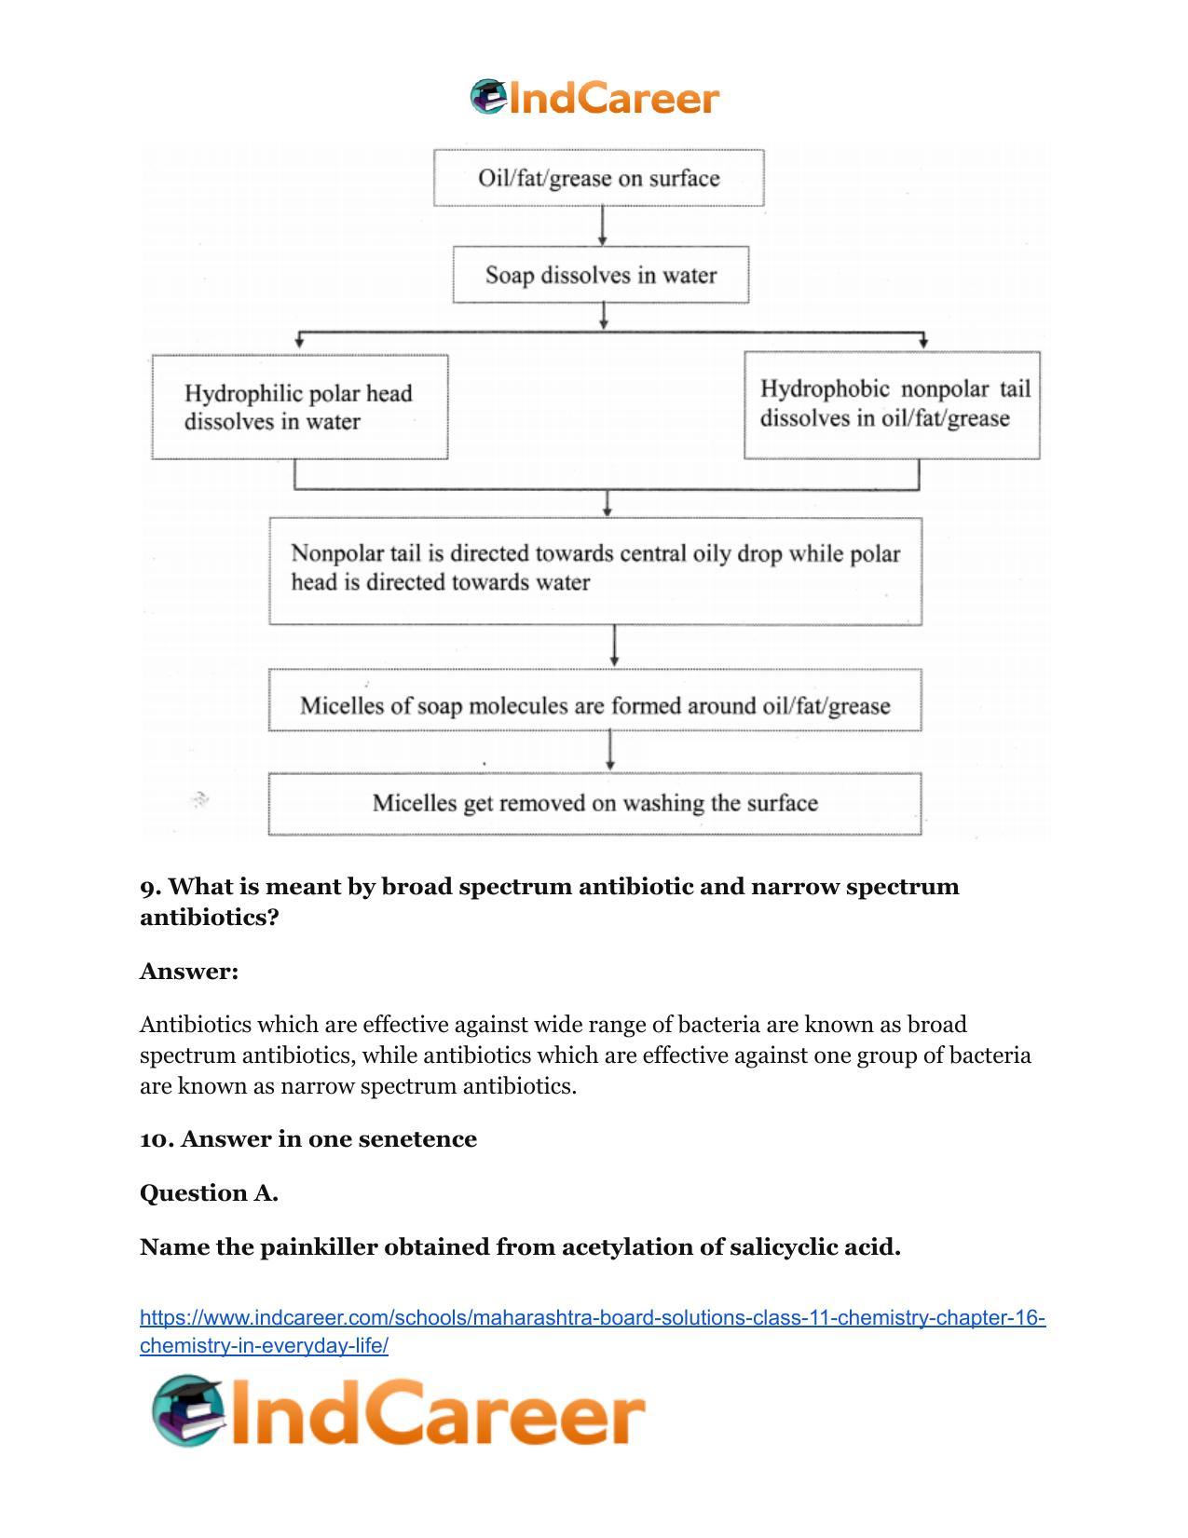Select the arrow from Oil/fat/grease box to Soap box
coord(602,225)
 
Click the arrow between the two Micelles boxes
coord(610,751)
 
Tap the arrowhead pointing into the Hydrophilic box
coord(299,343)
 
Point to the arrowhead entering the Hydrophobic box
coord(923,343)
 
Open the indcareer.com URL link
coord(593,1331)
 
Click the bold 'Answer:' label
coord(189,971)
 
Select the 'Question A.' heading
coord(209,1192)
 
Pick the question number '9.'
coord(150,887)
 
